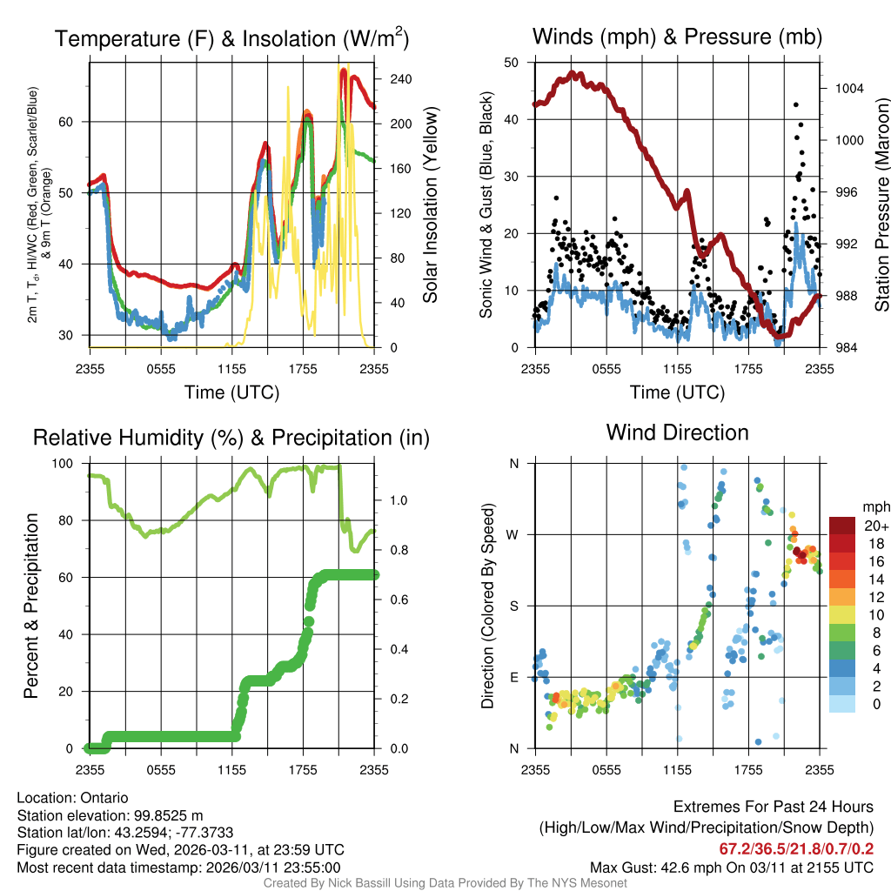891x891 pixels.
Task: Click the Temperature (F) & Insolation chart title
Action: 231,38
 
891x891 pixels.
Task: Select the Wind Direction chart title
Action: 677,432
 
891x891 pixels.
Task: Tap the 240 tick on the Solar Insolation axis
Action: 401,78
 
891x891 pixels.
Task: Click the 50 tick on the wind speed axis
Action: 512,63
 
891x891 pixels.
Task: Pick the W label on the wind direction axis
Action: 513,534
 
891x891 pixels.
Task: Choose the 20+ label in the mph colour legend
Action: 875,526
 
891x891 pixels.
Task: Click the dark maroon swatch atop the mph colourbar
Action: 843,526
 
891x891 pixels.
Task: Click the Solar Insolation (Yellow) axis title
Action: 430,205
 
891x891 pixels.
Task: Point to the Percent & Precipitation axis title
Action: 30,606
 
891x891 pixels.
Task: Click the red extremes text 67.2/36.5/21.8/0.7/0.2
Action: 796,848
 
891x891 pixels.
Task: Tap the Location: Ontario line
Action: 72,798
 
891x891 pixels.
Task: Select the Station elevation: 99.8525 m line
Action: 110,815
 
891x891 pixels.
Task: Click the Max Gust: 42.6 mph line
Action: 732,867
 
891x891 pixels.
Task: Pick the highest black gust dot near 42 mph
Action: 796,104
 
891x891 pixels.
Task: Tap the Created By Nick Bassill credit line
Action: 445,883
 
